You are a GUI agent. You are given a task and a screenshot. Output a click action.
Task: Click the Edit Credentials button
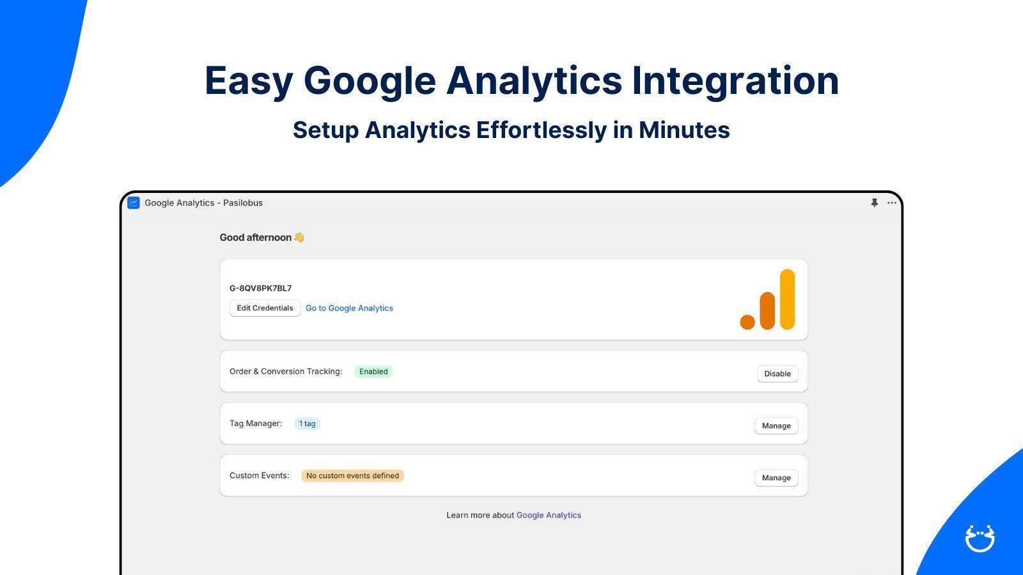pyautogui.click(x=265, y=308)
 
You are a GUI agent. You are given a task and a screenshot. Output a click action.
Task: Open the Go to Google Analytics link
pyautogui.click(x=349, y=308)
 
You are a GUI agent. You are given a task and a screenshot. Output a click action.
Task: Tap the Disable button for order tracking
pyautogui.click(x=777, y=374)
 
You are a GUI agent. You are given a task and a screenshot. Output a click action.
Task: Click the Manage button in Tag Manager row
pyautogui.click(x=776, y=425)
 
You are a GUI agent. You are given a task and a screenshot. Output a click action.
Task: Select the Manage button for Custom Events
pyautogui.click(x=776, y=478)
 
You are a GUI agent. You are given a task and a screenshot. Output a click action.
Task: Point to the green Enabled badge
pyautogui.click(x=373, y=372)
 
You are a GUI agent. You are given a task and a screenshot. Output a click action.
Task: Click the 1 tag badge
pyautogui.click(x=307, y=424)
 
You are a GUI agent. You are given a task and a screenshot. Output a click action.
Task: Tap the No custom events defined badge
pyautogui.click(x=352, y=475)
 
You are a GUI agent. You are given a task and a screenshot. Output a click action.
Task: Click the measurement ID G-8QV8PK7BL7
pyautogui.click(x=260, y=288)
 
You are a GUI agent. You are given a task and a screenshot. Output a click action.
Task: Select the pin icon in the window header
pyautogui.click(x=874, y=203)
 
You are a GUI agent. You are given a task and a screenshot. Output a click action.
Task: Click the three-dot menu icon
pyautogui.click(x=891, y=203)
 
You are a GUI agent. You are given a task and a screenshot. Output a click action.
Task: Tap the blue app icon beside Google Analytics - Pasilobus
pyautogui.click(x=134, y=203)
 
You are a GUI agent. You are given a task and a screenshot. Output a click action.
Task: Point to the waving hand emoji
pyautogui.click(x=299, y=237)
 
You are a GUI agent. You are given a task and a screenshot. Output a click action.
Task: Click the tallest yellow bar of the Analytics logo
pyautogui.click(x=787, y=299)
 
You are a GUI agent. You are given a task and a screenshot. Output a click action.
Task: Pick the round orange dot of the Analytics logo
pyautogui.click(x=747, y=322)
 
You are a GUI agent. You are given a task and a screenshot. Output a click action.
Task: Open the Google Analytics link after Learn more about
pyautogui.click(x=549, y=515)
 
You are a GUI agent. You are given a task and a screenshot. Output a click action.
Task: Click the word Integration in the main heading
pyautogui.click(x=735, y=81)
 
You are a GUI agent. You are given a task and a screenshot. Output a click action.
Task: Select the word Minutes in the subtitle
pyautogui.click(x=684, y=130)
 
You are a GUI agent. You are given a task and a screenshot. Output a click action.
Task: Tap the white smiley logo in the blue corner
pyautogui.click(x=980, y=538)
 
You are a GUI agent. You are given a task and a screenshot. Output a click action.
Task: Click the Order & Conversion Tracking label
pyautogui.click(x=286, y=372)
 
